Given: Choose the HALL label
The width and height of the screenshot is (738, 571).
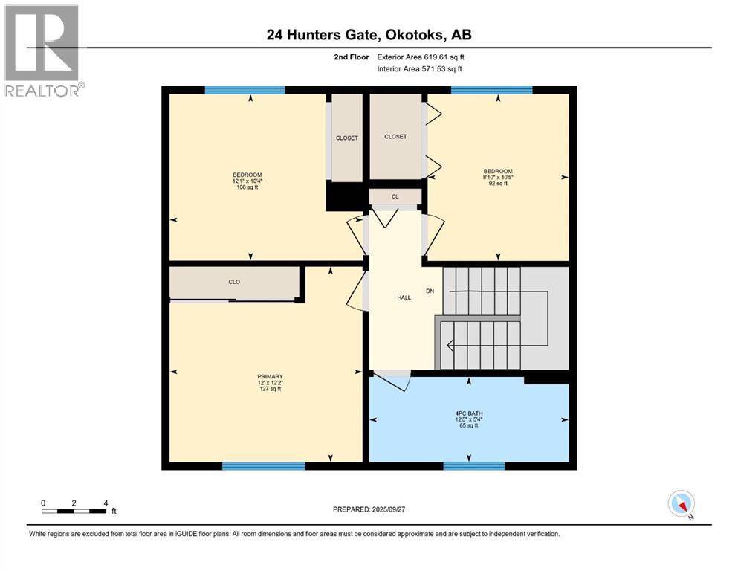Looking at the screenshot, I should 404,297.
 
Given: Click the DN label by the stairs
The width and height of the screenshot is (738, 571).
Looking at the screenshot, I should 430,291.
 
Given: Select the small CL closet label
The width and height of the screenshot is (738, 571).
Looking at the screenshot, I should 395,197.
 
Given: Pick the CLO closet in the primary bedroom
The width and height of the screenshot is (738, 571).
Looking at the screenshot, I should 234,283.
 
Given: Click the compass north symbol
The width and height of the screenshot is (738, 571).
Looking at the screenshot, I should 682,504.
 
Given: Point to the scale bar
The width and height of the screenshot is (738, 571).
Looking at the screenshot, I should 74,511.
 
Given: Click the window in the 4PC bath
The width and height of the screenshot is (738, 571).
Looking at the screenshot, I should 473,466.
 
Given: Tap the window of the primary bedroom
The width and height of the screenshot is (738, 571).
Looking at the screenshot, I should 263,466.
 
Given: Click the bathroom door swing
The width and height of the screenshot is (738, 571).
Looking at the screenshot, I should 392,380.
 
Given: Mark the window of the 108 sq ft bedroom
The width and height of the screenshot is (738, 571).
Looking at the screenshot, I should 245,90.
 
